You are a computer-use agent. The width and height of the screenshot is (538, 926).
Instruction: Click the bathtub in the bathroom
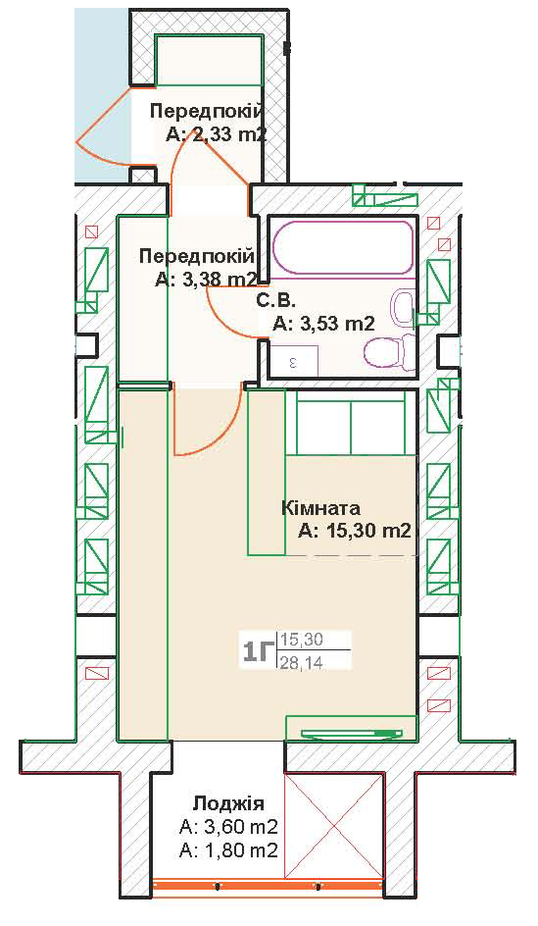344,247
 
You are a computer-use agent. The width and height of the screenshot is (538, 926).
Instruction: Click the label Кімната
320,508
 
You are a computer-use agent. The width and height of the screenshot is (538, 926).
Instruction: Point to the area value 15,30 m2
354,532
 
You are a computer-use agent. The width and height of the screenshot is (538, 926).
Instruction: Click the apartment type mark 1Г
257,652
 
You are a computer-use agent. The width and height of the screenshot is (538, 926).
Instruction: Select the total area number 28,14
302,663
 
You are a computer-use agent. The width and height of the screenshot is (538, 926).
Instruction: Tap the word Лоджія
228,803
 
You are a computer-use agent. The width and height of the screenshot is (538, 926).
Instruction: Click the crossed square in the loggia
333,826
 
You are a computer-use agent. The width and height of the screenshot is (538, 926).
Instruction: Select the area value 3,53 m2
323,323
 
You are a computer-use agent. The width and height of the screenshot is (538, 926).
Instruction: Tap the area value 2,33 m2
218,134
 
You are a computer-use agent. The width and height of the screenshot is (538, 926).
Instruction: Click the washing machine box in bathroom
294,361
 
